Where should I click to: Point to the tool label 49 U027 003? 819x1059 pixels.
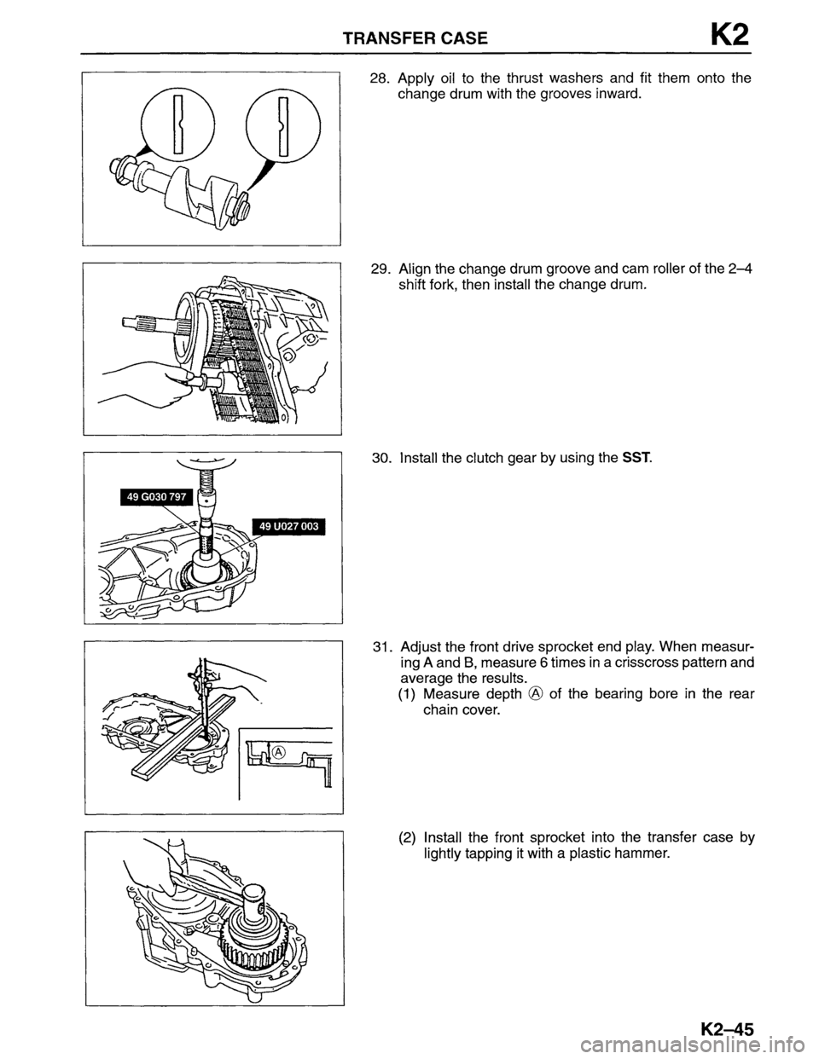click(289, 527)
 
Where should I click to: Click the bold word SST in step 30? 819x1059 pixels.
click(636, 459)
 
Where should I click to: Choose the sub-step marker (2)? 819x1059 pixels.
click(407, 836)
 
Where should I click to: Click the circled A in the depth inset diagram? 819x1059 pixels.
click(277, 749)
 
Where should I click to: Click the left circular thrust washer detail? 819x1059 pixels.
click(176, 125)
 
